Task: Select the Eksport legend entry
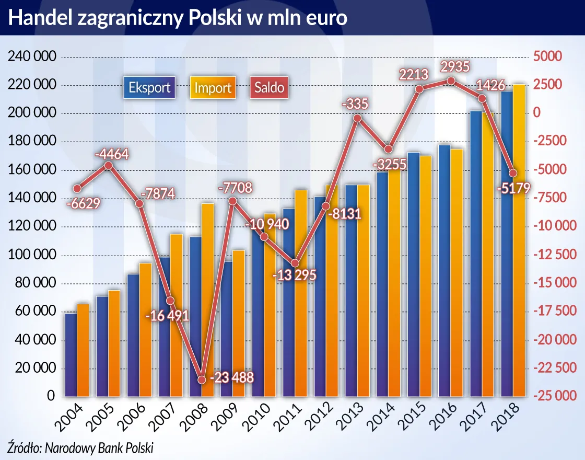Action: (x=149, y=87)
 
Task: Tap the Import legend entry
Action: (x=213, y=87)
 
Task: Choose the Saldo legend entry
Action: (x=269, y=87)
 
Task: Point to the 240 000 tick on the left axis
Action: (x=31, y=57)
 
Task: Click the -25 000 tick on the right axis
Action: (x=555, y=396)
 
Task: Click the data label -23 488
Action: (x=231, y=378)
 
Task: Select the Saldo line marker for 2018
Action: (x=513, y=173)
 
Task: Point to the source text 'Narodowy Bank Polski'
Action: (x=99, y=447)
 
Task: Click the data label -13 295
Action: (x=296, y=275)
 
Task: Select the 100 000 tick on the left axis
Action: (x=31, y=255)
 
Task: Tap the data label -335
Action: (x=355, y=104)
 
